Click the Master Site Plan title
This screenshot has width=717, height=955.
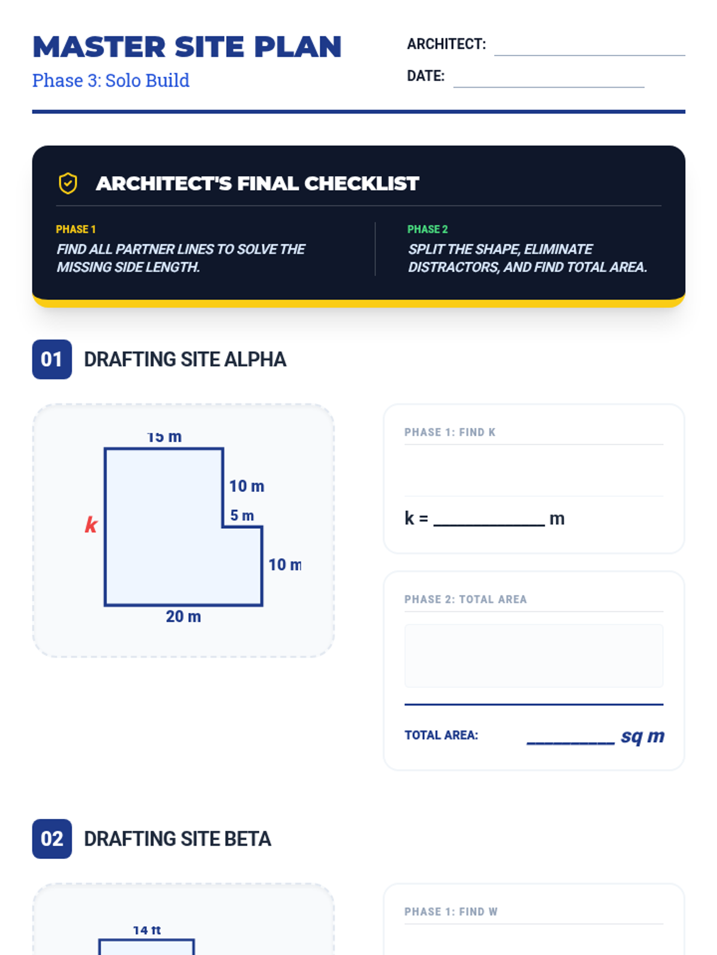[186, 47]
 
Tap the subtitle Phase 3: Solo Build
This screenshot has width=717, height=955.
[111, 81]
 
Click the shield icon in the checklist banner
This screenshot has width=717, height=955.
[68, 183]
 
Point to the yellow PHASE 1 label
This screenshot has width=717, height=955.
[76, 229]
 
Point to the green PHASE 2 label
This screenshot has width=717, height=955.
[427, 229]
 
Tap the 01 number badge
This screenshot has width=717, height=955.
[52, 359]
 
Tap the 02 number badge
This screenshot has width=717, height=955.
[52, 839]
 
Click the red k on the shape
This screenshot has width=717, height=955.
[91, 525]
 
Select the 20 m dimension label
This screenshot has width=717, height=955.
[183, 617]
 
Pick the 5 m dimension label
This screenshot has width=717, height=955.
[242, 515]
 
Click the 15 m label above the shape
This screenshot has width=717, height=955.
[164, 437]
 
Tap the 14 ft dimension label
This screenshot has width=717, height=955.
[147, 930]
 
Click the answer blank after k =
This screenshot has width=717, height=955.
[489, 519]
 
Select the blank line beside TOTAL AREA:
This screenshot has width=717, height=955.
[570, 737]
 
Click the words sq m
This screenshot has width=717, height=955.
[642, 736]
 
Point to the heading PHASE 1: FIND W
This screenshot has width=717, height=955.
[451, 911]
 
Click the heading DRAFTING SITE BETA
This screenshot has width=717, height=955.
[177, 839]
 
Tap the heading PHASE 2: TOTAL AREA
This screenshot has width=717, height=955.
[465, 599]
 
